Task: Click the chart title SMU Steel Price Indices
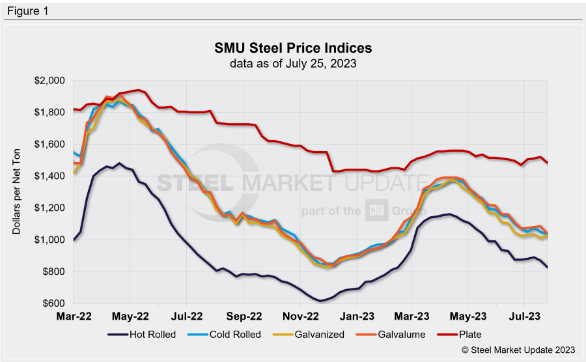[293, 49]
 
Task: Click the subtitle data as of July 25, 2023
[293, 64]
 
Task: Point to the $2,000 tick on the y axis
[51, 81]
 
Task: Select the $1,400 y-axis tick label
[51, 176]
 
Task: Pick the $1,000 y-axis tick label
[51, 240]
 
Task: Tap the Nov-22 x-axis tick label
[301, 316]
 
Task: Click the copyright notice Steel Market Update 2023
[518, 350]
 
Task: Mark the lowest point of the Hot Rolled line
[320, 301]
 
